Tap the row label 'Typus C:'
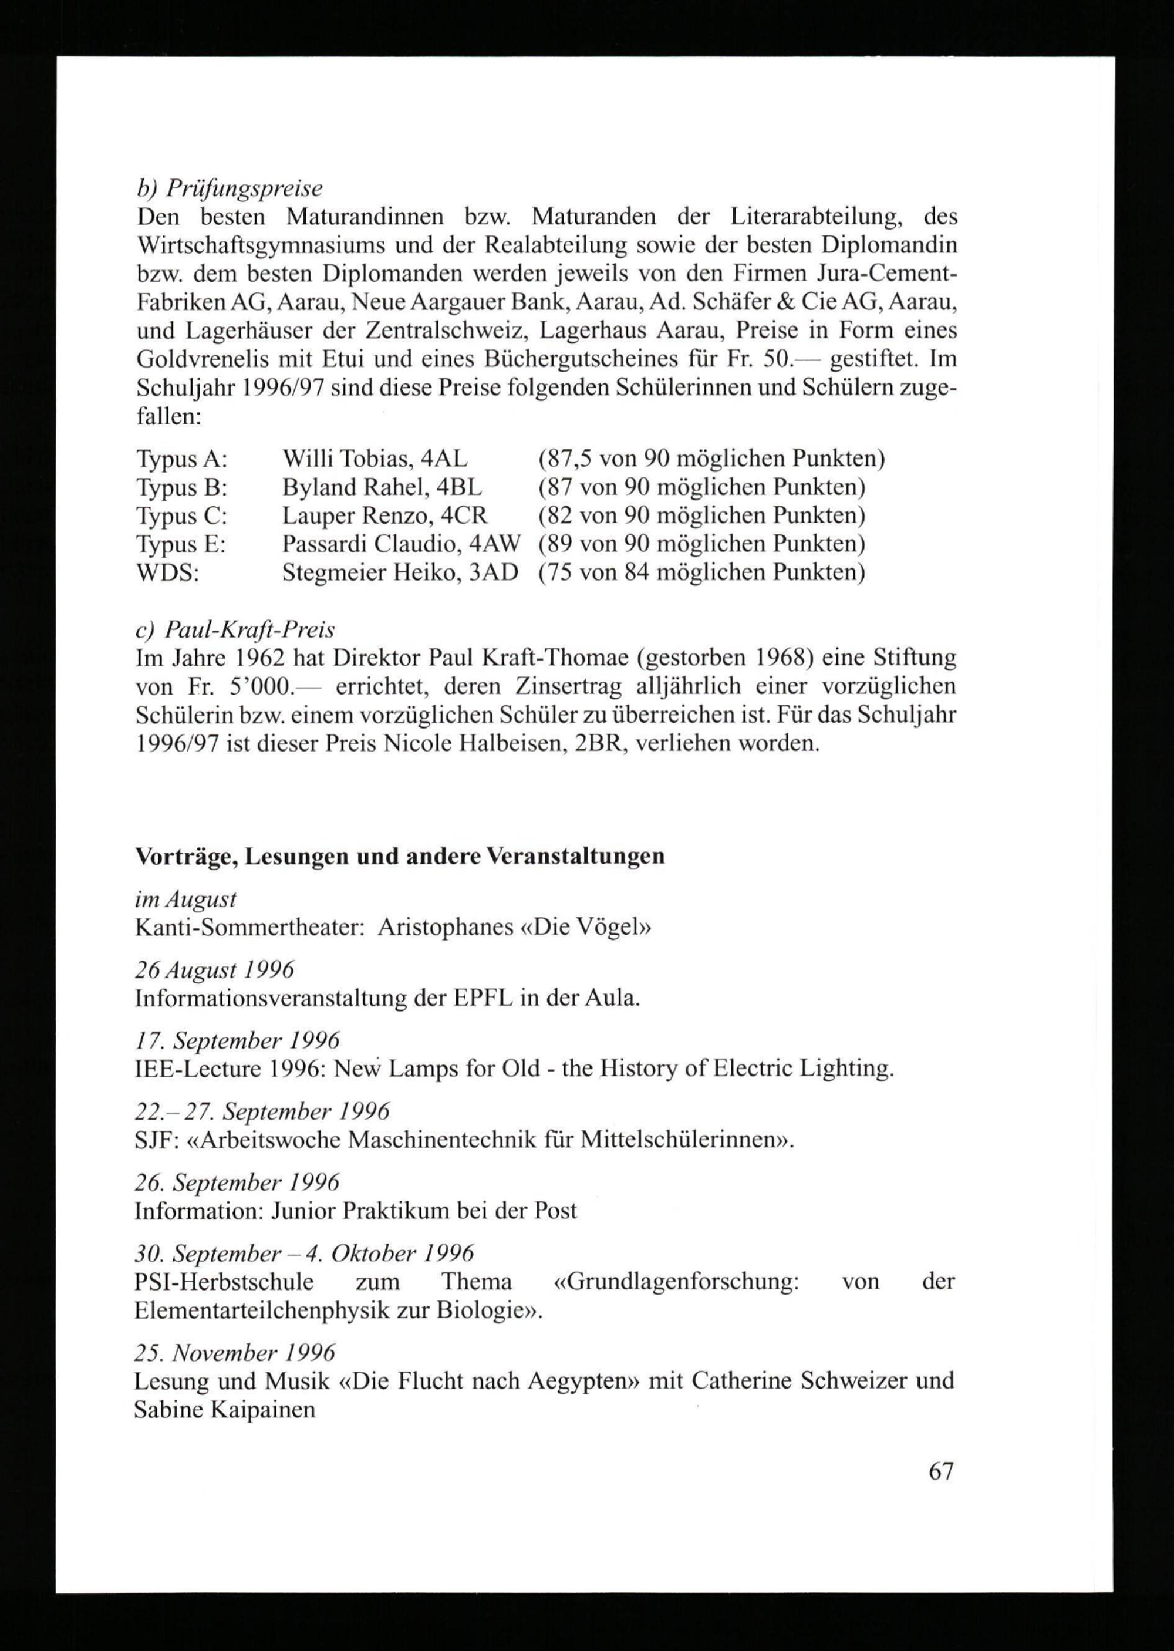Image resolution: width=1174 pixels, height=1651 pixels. [x=182, y=515]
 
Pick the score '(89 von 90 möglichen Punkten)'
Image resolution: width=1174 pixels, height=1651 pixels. [x=701, y=544]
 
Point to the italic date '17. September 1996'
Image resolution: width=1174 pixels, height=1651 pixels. [x=237, y=1041]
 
